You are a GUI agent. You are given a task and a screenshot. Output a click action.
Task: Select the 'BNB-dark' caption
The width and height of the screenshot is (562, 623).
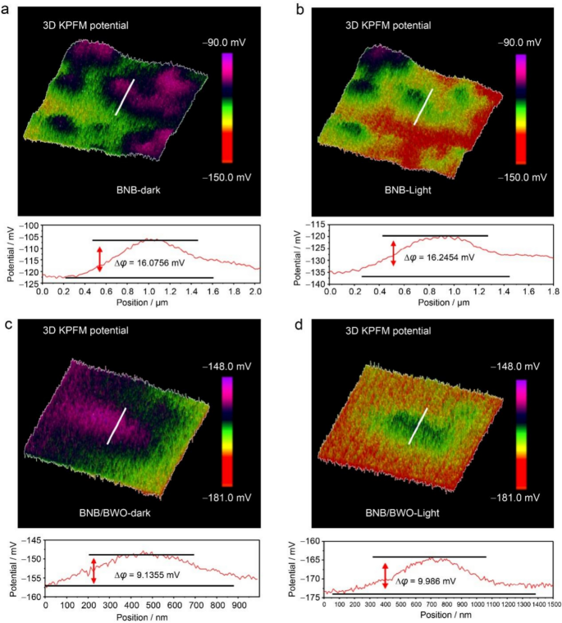pos(135,189)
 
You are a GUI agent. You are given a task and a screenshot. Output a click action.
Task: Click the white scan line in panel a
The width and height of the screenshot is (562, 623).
pos(125,97)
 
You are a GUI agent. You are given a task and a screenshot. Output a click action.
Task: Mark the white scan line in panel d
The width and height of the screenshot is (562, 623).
pos(418,426)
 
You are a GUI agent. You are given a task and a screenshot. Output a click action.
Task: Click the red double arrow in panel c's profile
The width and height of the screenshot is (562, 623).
pos(94,570)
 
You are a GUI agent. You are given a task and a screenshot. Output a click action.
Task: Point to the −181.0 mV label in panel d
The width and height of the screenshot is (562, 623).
pos(525,495)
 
